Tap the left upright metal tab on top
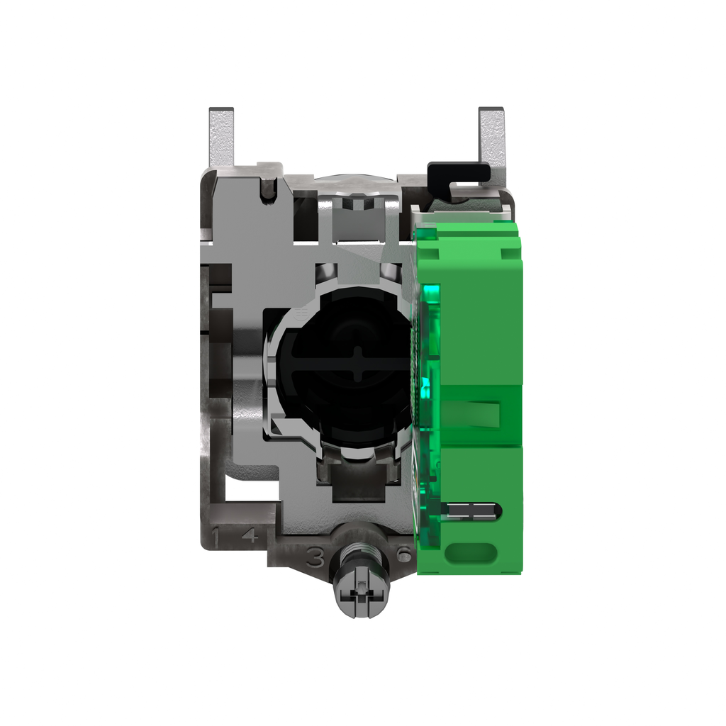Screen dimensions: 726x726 [220, 138]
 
